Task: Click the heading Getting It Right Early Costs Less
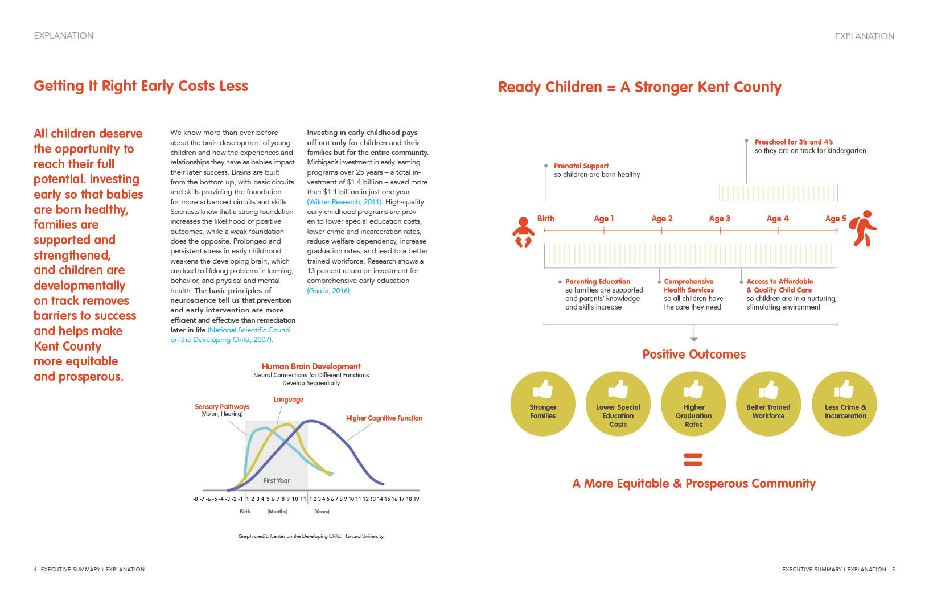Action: [x=141, y=86]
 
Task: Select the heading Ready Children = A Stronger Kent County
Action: [x=639, y=87]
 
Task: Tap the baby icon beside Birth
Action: [x=523, y=232]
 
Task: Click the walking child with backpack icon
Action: [x=863, y=228]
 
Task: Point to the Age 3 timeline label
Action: [x=720, y=219]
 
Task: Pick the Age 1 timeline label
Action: [x=603, y=219]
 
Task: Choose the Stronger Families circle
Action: [x=543, y=404]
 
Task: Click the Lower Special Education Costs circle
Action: [x=618, y=404]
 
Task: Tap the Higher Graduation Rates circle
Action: [x=693, y=404]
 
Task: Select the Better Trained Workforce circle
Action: [x=768, y=404]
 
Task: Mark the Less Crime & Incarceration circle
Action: [x=845, y=404]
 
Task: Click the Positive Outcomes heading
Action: [x=694, y=354]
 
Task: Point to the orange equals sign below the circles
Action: [x=693, y=459]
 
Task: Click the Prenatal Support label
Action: [x=581, y=166]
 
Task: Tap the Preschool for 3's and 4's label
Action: [x=794, y=142]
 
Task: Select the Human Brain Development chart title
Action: [x=311, y=367]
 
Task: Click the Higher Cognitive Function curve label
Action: [x=384, y=418]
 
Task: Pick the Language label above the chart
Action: [x=288, y=400]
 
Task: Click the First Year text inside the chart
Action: [x=277, y=481]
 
